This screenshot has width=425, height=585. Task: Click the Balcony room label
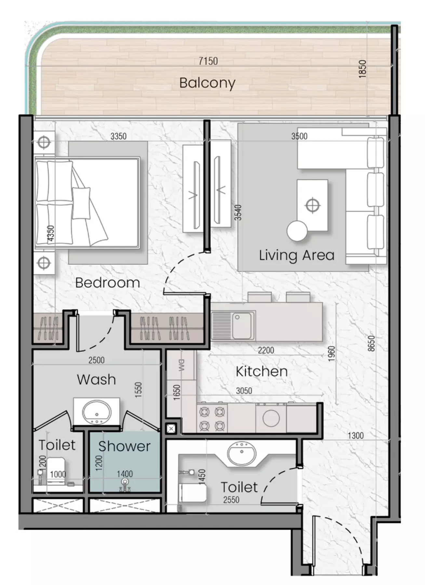(207, 83)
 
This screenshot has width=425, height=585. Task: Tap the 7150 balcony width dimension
(208, 61)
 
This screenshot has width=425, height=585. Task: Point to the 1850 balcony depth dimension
(362, 69)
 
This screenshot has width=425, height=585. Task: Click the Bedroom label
(108, 283)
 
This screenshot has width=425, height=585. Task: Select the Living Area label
(297, 255)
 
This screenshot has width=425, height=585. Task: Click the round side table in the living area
(297, 231)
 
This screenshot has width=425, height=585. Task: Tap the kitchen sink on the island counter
(242, 325)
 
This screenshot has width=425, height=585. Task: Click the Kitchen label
(261, 371)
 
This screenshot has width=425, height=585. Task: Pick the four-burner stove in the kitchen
(212, 419)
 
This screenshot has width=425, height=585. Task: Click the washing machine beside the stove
(271, 418)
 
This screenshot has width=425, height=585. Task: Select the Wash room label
(96, 380)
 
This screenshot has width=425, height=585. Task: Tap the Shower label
(125, 446)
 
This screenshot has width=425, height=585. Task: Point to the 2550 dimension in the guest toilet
(231, 500)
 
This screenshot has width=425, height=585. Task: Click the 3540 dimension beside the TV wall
(238, 212)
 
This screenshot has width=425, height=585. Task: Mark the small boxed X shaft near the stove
(171, 429)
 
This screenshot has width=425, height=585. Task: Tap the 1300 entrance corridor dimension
(355, 435)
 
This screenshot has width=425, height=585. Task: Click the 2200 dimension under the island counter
(266, 350)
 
